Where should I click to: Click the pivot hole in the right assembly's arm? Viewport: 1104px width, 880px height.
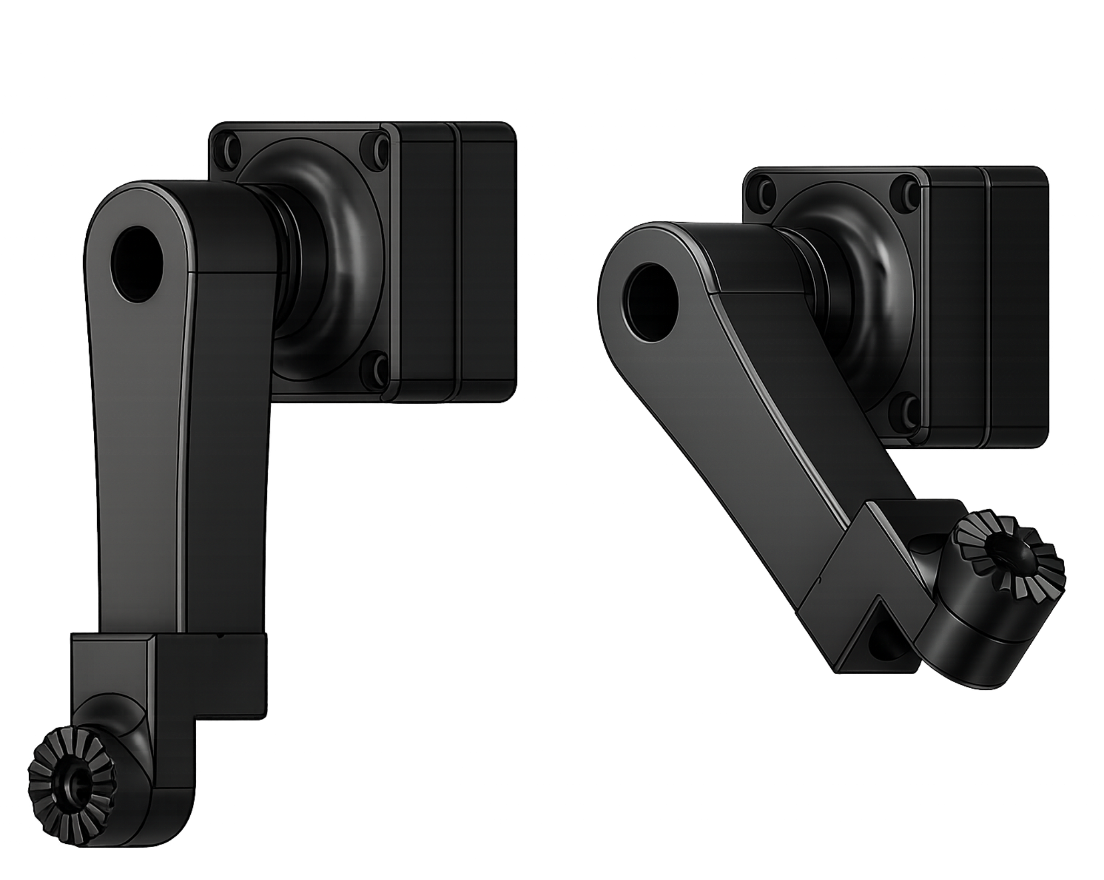coord(650,302)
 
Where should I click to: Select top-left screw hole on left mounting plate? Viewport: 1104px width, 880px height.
coord(226,147)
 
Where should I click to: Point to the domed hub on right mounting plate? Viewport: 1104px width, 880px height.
coord(857,302)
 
